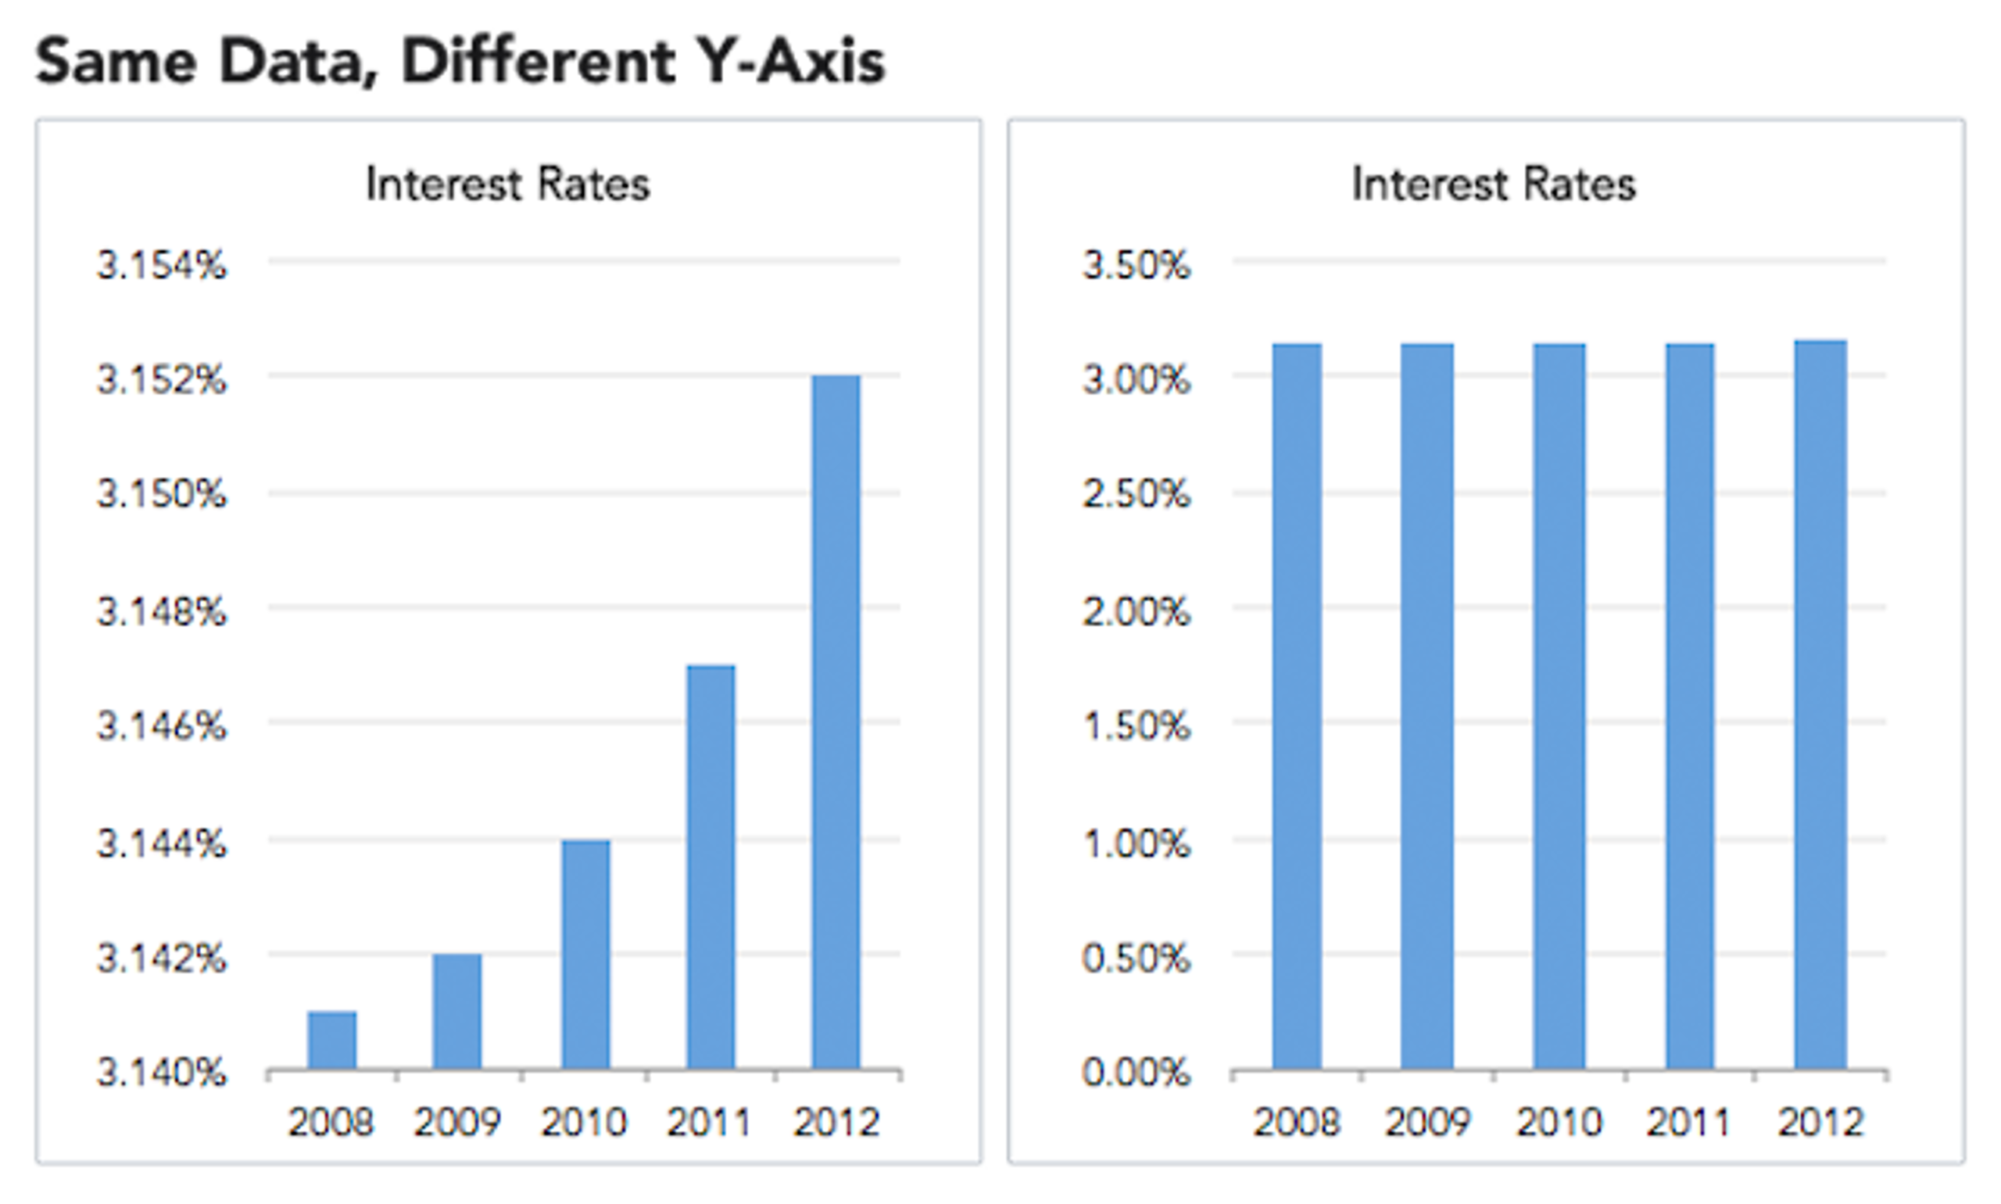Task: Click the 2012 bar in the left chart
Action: pyautogui.click(x=836, y=722)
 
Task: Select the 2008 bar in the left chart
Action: pyautogui.click(x=331, y=1040)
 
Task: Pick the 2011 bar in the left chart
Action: pyautogui.click(x=711, y=866)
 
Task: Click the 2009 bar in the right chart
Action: pyautogui.click(x=1426, y=706)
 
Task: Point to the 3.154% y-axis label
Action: pyautogui.click(x=162, y=265)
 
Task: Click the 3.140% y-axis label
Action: pyautogui.click(x=162, y=1073)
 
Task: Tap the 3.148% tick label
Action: pyautogui.click(x=162, y=611)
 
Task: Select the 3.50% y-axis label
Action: pyautogui.click(x=1136, y=265)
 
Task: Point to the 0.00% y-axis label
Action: pyautogui.click(x=1136, y=1073)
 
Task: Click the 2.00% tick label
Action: pyautogui.click(x=1136, y=611)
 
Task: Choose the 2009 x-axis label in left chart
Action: pyautogui.click(x=456, y=1123)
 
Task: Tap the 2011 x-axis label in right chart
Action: pyautogui.click(x=1688, y=1123)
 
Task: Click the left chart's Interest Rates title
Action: pyautogui.click(x=508, y=185)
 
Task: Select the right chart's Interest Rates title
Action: pyautogui.click(x=1493, y=185)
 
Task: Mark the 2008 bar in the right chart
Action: pyautogui.click(x=1296, y=706)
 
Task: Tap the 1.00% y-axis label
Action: pyautogui.click(x=1136, y=844)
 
